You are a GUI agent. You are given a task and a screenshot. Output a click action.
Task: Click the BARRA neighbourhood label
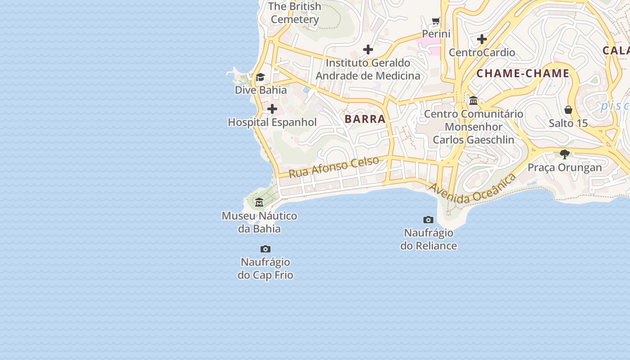coord(365,119)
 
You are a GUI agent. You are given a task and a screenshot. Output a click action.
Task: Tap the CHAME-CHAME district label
coord(523,73)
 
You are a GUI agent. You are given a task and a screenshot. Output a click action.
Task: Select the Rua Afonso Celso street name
coord(333,167)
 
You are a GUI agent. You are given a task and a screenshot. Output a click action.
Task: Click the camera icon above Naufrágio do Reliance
coord(428,220)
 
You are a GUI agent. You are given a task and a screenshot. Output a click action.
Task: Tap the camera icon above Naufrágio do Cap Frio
coord(265,249)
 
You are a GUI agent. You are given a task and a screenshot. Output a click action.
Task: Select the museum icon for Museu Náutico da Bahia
coord(259,202)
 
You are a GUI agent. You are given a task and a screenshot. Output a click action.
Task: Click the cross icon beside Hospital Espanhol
coord(272,109)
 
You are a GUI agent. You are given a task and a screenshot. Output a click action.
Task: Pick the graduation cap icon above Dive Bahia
coord(260,77)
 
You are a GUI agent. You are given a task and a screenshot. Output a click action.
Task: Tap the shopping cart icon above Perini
coord(436,21)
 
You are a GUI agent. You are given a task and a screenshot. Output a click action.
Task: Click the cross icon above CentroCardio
coord(482,39)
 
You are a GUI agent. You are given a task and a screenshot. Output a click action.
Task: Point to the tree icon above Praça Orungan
coord(565,154)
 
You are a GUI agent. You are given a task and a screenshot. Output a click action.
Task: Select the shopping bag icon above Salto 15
coord(568,110)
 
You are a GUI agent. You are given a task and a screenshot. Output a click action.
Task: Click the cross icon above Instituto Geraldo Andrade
coord(368,49)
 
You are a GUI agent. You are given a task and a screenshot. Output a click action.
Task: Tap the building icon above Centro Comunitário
coord(473,101)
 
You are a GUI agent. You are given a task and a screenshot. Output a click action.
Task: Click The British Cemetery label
coord(295,13)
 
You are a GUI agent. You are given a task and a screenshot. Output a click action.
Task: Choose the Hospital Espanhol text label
coord(272,122)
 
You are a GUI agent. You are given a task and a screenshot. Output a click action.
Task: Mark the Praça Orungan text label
coord(565,168)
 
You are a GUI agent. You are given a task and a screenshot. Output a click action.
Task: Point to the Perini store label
coord(436,34)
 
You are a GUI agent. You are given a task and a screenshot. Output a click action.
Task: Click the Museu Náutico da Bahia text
coord(259,222)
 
